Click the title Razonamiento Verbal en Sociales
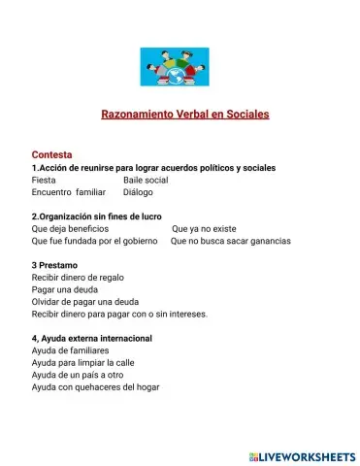click(184, 114)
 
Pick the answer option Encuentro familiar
click(68, 192)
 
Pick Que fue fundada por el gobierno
click(94, 241)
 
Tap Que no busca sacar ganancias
click(230, 241)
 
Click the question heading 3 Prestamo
click(54, 265)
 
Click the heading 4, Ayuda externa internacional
click(92, 338)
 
